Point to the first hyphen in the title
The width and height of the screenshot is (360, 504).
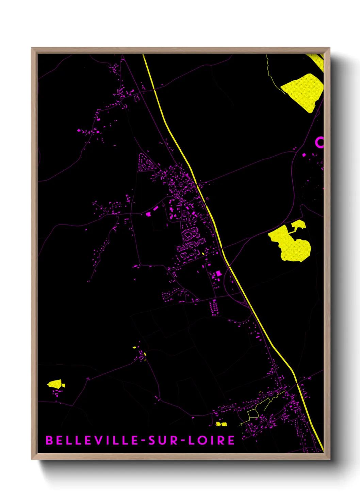pos(144,441)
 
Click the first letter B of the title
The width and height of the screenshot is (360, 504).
pos(49,440)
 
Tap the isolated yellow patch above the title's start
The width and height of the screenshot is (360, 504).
pos(55,384)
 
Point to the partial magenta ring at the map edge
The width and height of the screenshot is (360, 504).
pos(319,142)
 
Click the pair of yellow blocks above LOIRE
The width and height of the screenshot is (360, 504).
pos(222,424)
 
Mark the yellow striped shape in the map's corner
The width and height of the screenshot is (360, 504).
pos(317,61)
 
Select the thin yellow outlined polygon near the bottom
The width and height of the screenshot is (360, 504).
pos(253,413)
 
